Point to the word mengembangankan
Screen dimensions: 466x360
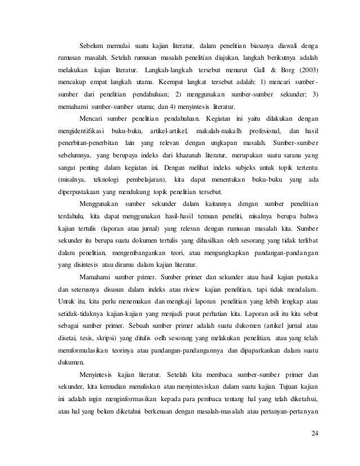click(x=148, y=251)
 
